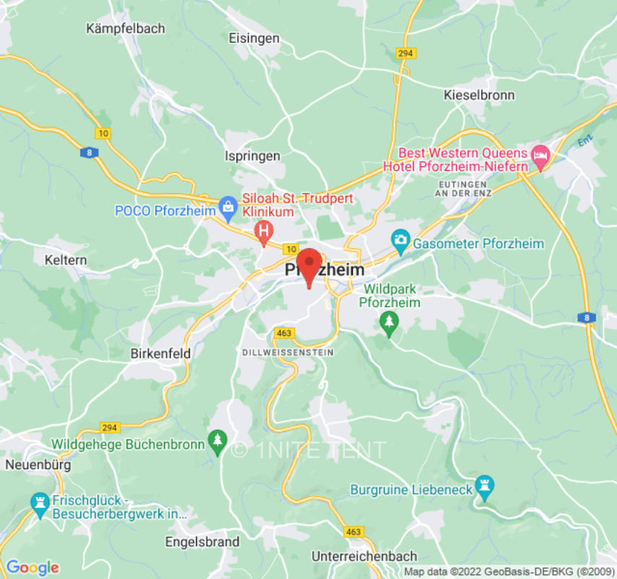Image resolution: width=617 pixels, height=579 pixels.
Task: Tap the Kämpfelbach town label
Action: tap(125, 29)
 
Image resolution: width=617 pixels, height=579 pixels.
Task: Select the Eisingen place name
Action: tap(253, 38)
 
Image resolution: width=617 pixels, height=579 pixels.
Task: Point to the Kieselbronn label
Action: tap(479, 95)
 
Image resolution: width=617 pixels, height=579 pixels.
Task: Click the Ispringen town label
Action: tap(252, 156)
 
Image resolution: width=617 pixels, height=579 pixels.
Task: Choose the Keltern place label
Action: tap(65, 260)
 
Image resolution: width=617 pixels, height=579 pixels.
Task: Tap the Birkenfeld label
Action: tap(161, 354)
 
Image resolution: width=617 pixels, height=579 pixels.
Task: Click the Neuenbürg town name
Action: tap(38, 465)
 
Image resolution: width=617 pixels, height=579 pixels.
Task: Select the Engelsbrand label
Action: tap(202, 541)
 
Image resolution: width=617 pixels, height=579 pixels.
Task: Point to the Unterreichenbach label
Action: tap(364, 556)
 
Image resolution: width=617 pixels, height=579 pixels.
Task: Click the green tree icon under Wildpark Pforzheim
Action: tap(390, 322)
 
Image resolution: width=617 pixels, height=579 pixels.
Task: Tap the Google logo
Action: tap(32, 567)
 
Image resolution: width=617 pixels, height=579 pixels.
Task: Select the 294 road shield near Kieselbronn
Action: tap(407, 53)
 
